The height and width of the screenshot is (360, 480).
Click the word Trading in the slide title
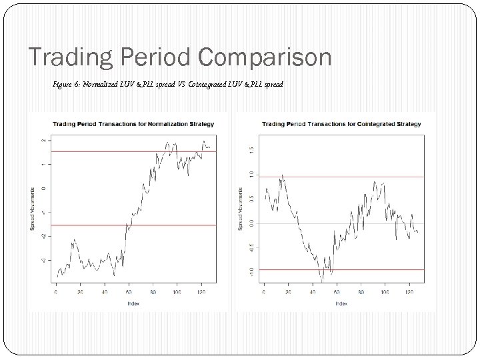click(66, 57)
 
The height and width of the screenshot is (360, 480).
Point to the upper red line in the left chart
click(93, 151)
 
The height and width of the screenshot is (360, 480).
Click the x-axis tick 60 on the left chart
click(129, 291)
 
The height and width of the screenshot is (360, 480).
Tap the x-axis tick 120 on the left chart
click(201, 291)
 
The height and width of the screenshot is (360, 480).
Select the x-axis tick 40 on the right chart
click(313, 291)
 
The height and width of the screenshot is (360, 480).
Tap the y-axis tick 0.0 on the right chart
click(251, 223)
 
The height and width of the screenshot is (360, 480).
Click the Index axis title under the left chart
click(132, 303)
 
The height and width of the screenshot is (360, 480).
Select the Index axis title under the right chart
click(341, 303)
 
